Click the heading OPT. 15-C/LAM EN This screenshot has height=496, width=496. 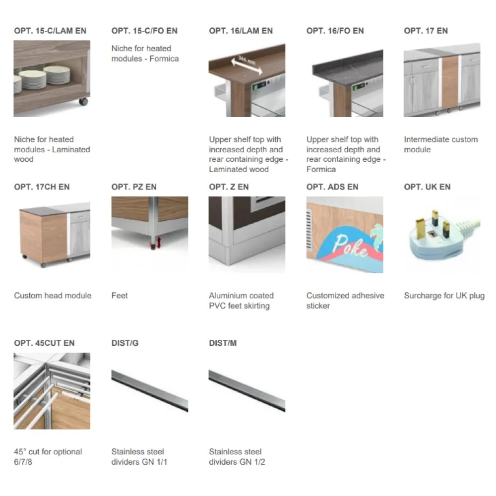click(50, 31)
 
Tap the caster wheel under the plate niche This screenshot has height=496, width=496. click(83, 102)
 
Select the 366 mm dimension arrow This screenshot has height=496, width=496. click(247, 65)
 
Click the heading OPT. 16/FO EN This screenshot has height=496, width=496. click(335, 31)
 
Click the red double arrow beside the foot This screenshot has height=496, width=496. click(159, 243)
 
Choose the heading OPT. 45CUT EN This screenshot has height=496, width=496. click(44, 343)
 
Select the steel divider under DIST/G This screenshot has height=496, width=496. click(150, 391)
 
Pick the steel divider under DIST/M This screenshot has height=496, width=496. click(247, 391)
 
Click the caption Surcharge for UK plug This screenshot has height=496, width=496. click(444, 296)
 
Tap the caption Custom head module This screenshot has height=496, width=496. click(53, 296)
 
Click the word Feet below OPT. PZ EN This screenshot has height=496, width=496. click(120, 296)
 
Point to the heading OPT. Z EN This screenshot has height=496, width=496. click(229, 187)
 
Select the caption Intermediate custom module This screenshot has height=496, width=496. click(440, 144)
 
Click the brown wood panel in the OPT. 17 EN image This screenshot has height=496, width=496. click(450, 82)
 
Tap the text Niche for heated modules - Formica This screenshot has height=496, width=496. click(145, 54)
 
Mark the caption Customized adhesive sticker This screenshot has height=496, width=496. click(345, 301)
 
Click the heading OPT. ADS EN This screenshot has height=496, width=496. click(332, 187)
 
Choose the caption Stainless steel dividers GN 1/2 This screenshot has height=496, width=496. click(237, 456)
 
